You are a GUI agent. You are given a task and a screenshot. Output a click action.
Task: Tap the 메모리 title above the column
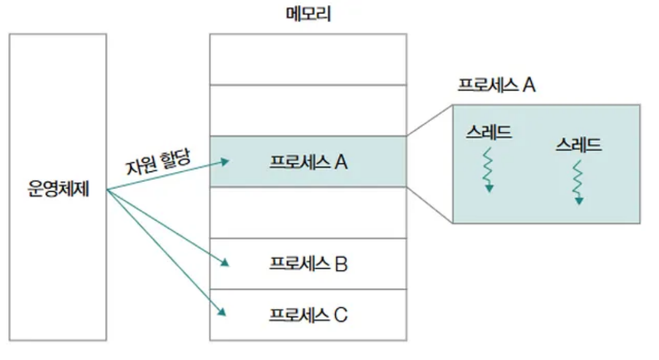pyautogui.click(x=308, y=13)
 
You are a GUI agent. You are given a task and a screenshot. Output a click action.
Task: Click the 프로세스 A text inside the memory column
pyautogui.click(x=308, y=162)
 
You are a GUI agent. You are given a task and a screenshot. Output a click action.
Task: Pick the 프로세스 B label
pyautogui.click(x=308, y=264)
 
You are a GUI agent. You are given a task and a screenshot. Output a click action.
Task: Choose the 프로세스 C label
pyautogui.click(x=308, y=315)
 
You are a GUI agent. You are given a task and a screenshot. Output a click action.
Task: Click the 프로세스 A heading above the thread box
pyautogui.click(x=496, y=85)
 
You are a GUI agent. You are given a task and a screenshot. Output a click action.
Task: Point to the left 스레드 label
pyautogui.click(x=488, y=132)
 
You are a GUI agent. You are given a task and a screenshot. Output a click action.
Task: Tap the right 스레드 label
pyautogui.click(x=579, y=145)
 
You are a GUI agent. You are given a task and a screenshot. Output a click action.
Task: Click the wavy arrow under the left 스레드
pyautogui.click(x=488, y=168)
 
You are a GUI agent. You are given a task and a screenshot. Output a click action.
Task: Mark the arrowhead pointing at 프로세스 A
pyautogui.click(x=225, y=162)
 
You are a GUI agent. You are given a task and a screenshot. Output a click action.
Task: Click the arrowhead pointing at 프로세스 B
pyautogui.click(x=225, y=263)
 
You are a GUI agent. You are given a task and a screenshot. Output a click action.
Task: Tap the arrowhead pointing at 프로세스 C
pyautogui.click(x=222, y=312)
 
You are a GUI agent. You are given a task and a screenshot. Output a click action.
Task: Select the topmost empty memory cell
pyautogui.click(x=308, y=59)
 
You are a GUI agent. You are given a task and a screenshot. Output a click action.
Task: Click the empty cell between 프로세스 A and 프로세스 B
pyautogui.click(x=308, y=212)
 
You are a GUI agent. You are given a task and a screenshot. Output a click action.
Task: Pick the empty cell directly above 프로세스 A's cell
pyautogui.click(x=308, y=110)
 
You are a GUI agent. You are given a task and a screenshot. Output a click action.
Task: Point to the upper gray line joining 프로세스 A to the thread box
pyautogui.click(x=430, y=121)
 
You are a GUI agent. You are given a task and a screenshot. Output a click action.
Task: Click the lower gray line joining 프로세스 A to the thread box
pyautogui.click(x=430, y=204)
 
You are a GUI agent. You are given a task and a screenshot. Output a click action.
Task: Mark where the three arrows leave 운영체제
pyautogui.click(x=107, y=189)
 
